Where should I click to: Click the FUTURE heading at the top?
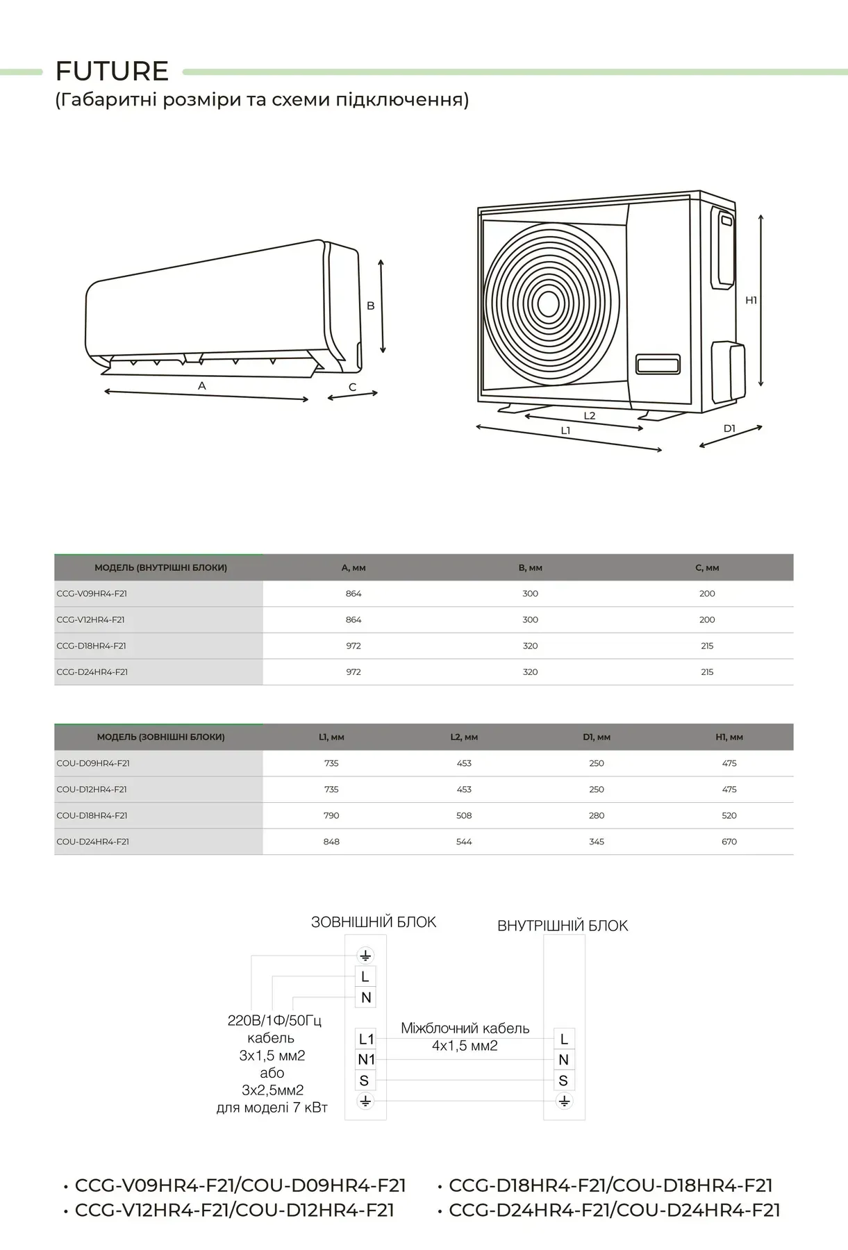[x=112, y=71]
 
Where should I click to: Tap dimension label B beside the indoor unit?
[x=371, y=306]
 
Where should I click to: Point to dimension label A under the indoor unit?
[x=202, y=385]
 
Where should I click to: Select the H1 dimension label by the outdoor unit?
[x=751, y=300]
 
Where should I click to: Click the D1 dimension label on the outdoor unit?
[x=729, y=428]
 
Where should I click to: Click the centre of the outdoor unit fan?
[x=549, y=303]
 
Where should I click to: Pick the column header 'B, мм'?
[x=530, y=567]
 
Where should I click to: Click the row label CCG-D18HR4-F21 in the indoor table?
[x=92, y=646]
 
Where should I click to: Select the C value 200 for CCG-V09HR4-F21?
[x=707, y=594]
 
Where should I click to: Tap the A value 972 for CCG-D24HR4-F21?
[x=354, y=672]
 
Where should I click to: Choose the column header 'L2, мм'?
[x=464, y=737]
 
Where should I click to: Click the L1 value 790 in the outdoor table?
[x=331, y=815]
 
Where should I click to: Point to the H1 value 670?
[x=729, y=842]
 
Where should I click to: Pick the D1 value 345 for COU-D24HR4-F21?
[x=597, y=842]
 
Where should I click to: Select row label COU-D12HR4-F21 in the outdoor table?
[x=92, y=790]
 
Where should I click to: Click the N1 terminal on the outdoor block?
[x=366, y=1060]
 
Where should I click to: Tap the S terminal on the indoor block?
[x=563, y=1081]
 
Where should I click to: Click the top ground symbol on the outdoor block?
[x=365, y=956]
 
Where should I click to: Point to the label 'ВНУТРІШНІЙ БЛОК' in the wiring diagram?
[x=563, y=926]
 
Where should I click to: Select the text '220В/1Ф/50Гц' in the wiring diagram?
[x=275, y=1021]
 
